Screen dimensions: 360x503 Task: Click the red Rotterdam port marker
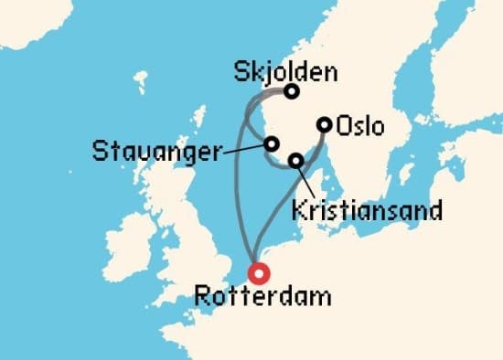(x=259, y=272)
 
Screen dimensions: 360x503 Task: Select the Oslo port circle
(x=324, y=125)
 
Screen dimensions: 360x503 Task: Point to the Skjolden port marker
(x=291, y=91)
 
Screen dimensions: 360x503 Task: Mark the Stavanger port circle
(x=271, y=143)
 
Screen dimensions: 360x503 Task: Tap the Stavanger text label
(x=155, y=152)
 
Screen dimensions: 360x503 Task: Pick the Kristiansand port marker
(x=295, y=161)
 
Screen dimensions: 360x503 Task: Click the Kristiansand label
(x=365, y=210)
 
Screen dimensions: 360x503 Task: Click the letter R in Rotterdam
(x=201, y=296)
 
